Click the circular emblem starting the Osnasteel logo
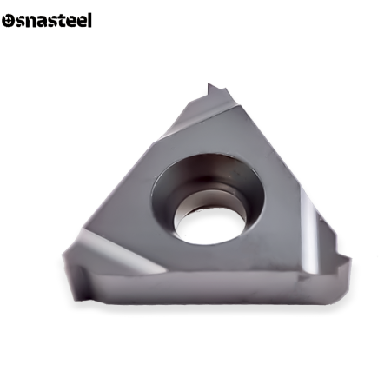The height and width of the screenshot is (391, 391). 8,21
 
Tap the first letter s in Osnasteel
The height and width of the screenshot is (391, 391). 20,22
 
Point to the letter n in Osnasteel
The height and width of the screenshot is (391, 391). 30,22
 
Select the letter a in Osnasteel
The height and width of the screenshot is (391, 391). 41,22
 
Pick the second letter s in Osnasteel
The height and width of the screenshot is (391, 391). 51,22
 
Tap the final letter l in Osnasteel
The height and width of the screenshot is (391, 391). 89,20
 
